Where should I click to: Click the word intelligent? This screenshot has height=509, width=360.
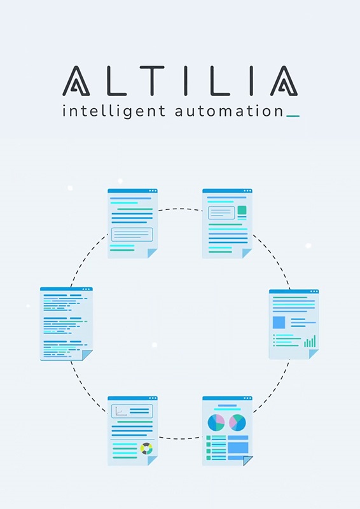(114, 112)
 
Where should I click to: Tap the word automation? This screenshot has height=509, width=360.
(229, 111)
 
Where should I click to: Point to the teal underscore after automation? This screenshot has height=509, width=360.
(293, 116)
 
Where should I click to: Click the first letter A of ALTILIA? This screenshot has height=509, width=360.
(76, 81)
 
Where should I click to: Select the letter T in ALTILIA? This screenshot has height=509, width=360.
(152, 81)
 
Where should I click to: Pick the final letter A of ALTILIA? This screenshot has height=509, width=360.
(284, 81)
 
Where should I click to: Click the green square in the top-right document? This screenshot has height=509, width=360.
(242, 210)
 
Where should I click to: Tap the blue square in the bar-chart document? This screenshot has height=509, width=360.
(279, 323)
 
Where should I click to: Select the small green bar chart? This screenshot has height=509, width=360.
(310, 341)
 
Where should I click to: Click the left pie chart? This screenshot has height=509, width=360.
(216, 422)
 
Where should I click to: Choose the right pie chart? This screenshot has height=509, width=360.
(237, 422)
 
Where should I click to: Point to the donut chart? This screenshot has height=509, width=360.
(146, 449)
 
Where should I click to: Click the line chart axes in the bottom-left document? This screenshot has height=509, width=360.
(121, 411)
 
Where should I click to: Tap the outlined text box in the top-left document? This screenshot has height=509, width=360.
(132, 234)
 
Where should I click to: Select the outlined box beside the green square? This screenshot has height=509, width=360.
(221, 213)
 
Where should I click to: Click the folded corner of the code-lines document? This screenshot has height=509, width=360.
(87, 355)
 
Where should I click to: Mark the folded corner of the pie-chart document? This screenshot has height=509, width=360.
(247, 461)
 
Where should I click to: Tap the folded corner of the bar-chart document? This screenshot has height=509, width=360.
(314, 354)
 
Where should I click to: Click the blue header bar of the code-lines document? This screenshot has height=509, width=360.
(66, 289)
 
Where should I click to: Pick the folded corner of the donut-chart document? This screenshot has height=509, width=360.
(153, 461)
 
